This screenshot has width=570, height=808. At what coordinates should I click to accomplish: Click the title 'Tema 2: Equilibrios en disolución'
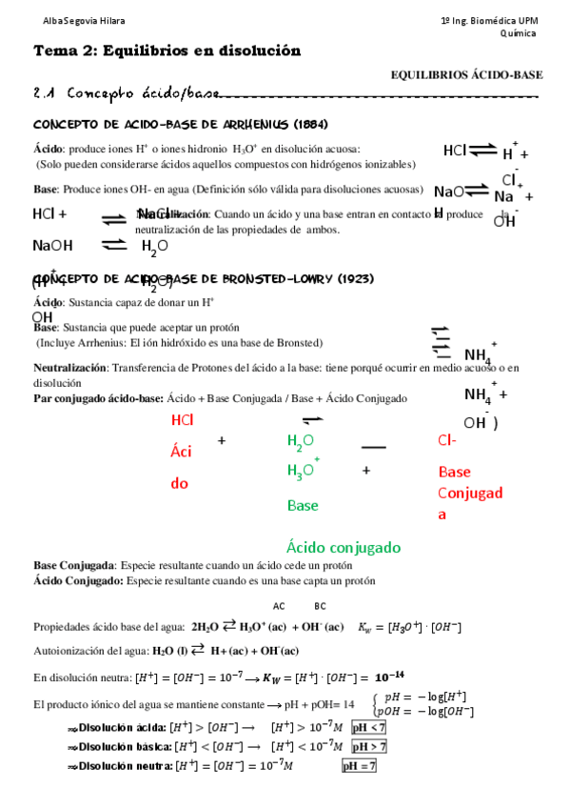tap(167, 50)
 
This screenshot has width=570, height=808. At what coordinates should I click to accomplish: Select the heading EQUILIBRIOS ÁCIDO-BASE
tap(466, 74)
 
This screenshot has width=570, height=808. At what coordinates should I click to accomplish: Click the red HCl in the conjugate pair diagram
tap(183, 420)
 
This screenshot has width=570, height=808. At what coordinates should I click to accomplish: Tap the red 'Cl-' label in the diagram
tap(447, 440)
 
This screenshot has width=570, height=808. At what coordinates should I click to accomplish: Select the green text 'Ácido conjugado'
tap(343, 547)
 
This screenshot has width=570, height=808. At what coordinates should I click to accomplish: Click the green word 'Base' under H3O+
tap(303, 505)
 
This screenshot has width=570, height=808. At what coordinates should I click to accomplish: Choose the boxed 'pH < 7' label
tap(368, 727)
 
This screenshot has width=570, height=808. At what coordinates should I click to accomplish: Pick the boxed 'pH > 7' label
tap(368, 746)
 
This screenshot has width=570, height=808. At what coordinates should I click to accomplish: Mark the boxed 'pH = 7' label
tap(360, 765)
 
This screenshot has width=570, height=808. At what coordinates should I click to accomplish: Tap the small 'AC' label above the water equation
tap(279, 606)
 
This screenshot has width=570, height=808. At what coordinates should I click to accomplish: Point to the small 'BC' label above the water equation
tap(320, 606)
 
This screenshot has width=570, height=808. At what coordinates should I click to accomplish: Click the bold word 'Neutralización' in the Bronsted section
tap(69, 368)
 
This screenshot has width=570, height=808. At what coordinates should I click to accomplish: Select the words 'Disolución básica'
tap(125, 746)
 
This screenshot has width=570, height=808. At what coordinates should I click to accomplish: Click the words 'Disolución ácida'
tap(123, 727)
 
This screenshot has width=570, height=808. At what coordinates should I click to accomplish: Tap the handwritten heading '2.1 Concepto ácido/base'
tap(124, 93)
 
